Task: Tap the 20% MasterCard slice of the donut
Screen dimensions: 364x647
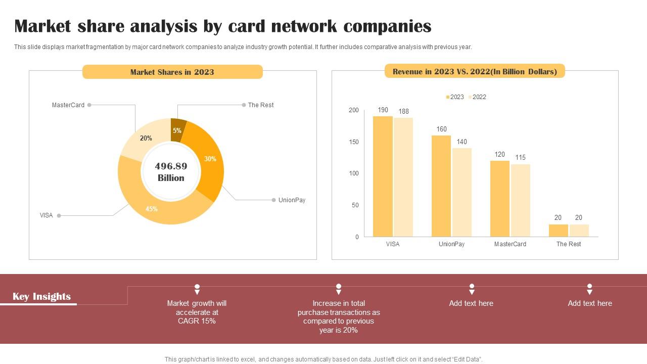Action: click(144, 139)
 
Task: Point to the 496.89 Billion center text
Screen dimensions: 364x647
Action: click(171, 172)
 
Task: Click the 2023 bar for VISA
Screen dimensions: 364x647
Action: click(383, 176)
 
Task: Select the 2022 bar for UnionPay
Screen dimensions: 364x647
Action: click(462, 192)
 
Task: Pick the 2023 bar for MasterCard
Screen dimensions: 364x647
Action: click(500, 199)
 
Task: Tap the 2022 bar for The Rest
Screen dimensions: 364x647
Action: click(579, 231)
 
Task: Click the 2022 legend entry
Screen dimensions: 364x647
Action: click(477, 97)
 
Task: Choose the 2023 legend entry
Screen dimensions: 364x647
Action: click(454, 97)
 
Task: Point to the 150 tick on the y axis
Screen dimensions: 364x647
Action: click(353, 142)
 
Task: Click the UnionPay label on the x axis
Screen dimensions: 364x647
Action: click(451, 244)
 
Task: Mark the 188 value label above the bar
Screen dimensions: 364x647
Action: click(403, 112)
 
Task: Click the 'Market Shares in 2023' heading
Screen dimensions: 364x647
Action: click(172, 72)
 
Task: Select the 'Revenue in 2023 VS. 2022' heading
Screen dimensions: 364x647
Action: click(475, 72)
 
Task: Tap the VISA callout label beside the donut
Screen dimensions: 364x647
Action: click(46, 215)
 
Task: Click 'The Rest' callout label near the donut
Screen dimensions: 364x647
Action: click(261, 105)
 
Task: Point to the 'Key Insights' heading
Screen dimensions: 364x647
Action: click(41, 297)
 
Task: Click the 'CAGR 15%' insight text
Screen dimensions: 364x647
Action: click(197, 321)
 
